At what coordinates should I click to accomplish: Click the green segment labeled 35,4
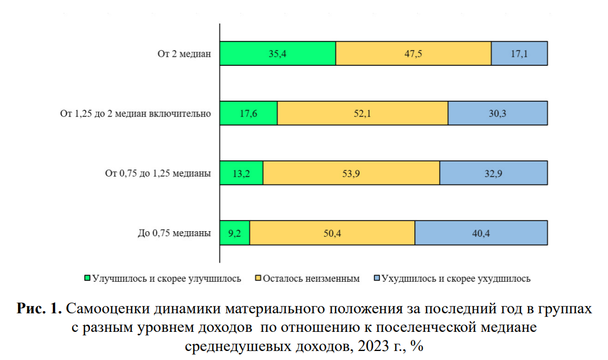click(x=278, y=53)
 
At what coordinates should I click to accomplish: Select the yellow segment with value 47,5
click(x=413, y=53)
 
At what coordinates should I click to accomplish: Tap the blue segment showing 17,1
click(x=519, y=53)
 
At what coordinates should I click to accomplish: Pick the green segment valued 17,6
click(x=248, y=113)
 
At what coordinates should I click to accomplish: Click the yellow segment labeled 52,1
click(x=363, y=113)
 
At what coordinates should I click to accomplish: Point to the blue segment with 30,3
click(x=498, y=113)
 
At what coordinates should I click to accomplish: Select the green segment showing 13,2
click(x=241, y=173)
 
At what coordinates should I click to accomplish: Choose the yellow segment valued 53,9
click(x=351, y=173)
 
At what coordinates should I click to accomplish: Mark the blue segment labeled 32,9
click(x=493, y=173)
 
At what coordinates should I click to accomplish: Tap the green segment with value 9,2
click(x=234, y=233)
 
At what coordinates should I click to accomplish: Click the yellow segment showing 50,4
click(x=332, y=233)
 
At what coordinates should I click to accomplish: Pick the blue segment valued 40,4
click(x=481, y=233)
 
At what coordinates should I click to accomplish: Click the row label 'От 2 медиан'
click(x=184, y=54)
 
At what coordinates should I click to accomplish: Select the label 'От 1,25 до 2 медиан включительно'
click(x=135, y=114)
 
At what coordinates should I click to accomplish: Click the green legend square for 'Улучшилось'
click(x=87, y=278)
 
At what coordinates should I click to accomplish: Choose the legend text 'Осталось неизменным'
click(x=311, y=278)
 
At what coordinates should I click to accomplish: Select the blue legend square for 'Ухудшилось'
click(x=377, y=278)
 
